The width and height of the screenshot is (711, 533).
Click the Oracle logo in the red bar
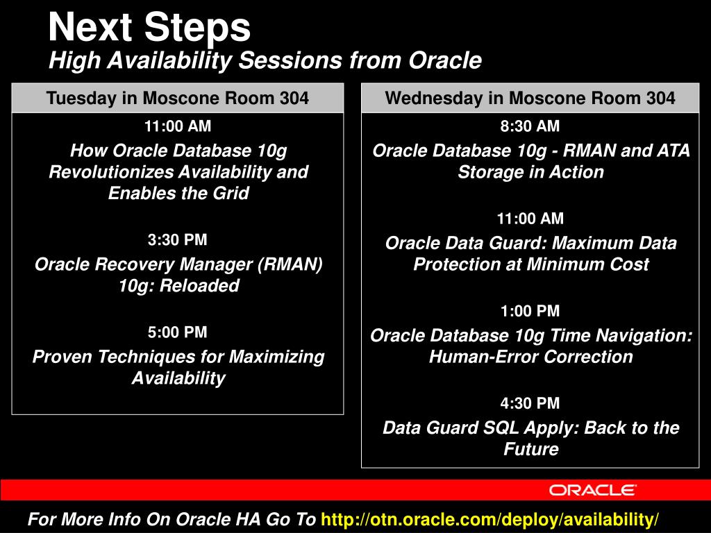593,490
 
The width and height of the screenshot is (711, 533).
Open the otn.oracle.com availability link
490,519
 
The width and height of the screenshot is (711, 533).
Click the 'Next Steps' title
149,27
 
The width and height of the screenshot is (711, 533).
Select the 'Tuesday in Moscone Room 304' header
177,98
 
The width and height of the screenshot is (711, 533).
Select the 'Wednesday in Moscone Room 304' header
530,98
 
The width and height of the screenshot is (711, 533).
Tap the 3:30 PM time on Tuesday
177,239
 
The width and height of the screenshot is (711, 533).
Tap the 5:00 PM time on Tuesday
177,332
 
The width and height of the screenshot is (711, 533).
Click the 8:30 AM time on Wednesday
530,126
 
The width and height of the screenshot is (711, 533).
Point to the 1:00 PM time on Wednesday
530,311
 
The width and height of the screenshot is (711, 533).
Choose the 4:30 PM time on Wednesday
530,403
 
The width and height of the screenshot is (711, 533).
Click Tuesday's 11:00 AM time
177,126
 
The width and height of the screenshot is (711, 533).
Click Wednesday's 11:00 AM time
530,219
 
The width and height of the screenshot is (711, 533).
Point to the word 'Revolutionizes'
112,172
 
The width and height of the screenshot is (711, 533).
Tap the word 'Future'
531,449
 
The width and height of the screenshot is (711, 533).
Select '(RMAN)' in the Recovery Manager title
290,264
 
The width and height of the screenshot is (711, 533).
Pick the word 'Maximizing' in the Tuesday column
276,357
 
